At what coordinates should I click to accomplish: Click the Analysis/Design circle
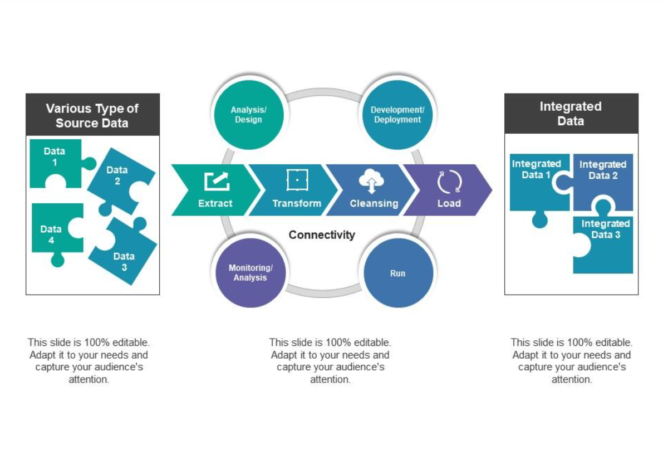(248, 115)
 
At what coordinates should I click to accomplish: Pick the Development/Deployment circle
(397, 115)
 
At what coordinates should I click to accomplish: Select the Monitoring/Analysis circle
(250, 273)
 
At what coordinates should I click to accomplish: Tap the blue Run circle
(398, 273)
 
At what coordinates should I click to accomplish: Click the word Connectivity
(322, 235)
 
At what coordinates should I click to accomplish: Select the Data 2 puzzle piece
(118, 178)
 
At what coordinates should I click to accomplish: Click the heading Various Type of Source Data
(92, 115)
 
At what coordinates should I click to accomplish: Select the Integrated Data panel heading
(571, 114)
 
